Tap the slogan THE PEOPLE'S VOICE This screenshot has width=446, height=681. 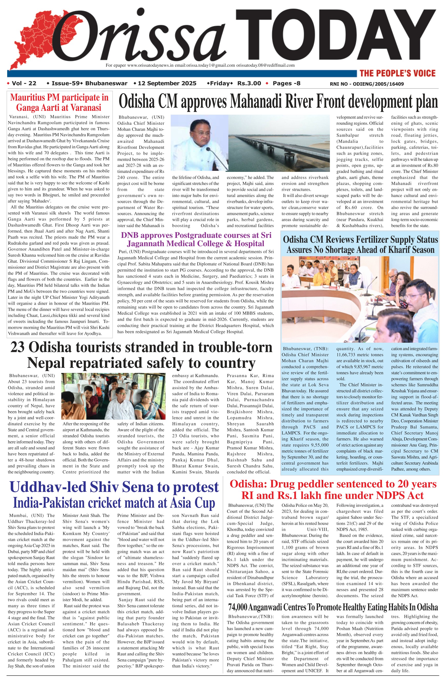tap(397, 73)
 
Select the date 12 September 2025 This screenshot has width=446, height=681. tap(167, 84)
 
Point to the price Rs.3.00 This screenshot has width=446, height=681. tap(249, 84)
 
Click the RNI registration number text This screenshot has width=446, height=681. tap(367, 84)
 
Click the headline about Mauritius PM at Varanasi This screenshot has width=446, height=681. tap(59, 102)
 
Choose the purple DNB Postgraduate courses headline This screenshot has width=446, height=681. tap(196, 240)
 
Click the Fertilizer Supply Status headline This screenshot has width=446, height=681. tap(360, 245)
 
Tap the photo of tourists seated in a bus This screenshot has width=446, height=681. tap(113, 396)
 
